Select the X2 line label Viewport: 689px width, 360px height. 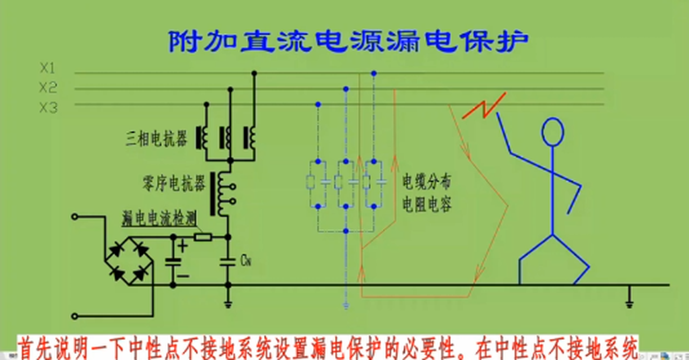(x=48, y=88)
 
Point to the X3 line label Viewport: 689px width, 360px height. (x=48, y=108)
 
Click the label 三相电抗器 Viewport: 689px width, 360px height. (x=156, y=139)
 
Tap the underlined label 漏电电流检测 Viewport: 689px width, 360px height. (x=158, y=218)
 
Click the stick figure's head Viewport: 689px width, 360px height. (x=552, y=132)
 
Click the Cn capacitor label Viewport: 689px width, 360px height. (x=245, y=262)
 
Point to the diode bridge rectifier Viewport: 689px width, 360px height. (x=129, y=262)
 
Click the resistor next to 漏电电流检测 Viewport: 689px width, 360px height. (x=202, y=237)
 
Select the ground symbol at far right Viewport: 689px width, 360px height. (x=629, y=304)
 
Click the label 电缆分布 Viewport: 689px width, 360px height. (x=427, y=183)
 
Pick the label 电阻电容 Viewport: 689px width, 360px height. (x=427, y=205)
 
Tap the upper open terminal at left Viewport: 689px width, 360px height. (x=74, y=217)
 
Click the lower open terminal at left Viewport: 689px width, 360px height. (x=74, y=316)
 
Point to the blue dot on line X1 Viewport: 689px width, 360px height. (x=374, y=73)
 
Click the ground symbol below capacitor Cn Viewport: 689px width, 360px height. (x=228, y=305)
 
